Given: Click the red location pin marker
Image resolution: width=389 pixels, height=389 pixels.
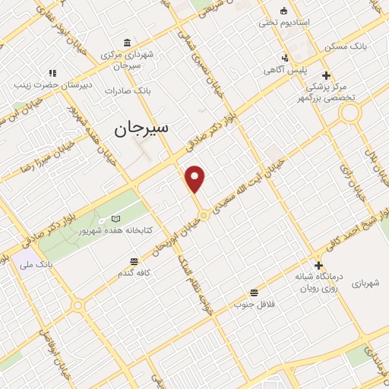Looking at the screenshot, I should [196, 179].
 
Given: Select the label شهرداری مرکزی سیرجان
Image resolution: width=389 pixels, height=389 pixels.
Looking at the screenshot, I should [127, 59].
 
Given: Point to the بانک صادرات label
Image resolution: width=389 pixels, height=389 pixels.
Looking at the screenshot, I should [129, 90].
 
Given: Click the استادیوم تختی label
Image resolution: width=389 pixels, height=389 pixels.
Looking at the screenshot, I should [284, 22].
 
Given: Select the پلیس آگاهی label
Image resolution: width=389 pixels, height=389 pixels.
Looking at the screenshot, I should [284, 70].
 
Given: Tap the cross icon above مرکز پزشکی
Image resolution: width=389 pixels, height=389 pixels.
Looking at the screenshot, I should [327, 74].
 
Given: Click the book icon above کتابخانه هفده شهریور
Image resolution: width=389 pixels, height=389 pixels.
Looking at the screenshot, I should [115, 218].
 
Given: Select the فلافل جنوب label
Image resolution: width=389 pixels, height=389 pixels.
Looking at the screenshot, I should [255, 305].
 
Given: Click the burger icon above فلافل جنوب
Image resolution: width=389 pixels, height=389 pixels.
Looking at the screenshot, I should [254, 293].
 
